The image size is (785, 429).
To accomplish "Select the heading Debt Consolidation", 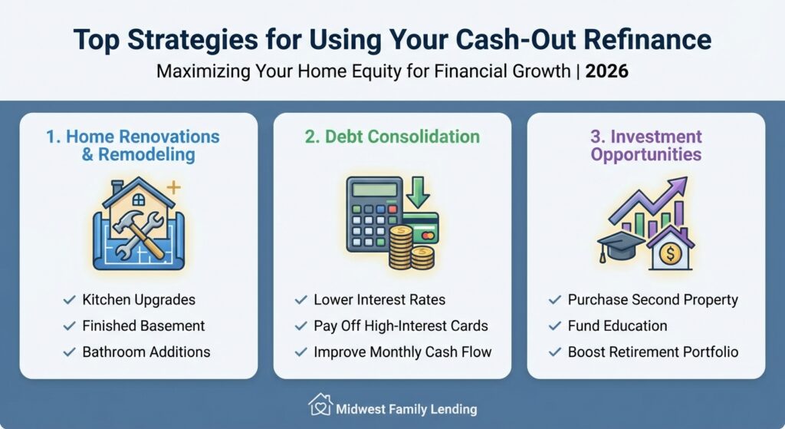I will [392, 137].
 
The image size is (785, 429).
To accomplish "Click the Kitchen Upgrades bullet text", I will [139, 299].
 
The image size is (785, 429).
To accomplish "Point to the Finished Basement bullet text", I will [143, 325].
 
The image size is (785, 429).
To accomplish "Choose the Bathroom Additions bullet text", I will [146, 351].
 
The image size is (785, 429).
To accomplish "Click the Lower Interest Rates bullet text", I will [379, 299].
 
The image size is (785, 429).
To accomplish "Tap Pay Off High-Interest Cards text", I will [400, 325].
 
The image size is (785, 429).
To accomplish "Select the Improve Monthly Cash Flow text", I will [402, 351].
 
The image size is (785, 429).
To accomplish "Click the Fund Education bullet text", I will [617, 325].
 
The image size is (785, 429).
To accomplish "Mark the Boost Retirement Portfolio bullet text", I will [653, 351].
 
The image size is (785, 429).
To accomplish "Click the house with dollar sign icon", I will [670, 250].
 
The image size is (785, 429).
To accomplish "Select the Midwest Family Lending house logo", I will [320, 404].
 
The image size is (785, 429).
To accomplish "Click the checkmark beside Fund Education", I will [555, 325].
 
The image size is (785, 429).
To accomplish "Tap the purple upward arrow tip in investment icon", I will [681, 186].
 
